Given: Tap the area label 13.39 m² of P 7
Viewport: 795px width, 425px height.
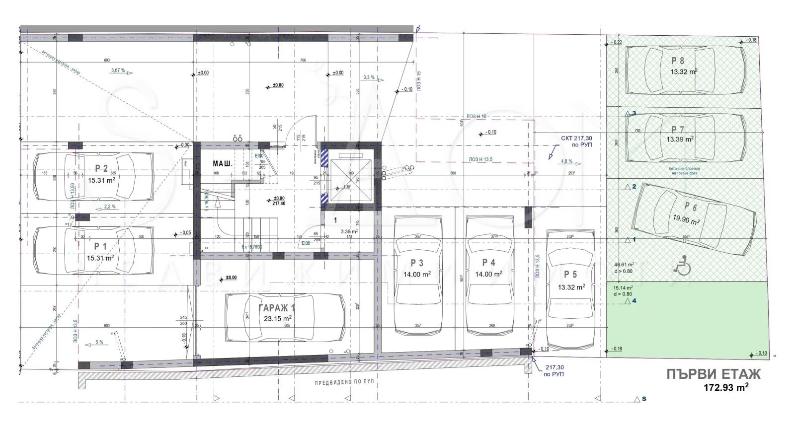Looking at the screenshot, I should pyautogui.click(x=680, y=140).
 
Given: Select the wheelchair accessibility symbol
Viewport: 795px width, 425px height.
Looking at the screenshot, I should pyautogui.click(x=682, y=265).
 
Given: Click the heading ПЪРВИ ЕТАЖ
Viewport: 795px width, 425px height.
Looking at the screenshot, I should pyautogui.click(x=713, y=374).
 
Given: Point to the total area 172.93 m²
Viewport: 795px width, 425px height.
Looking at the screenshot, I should pyautogui.click(x=726, y=387).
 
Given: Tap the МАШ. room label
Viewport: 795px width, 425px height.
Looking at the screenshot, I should pyautogui.click(x=222, y=163).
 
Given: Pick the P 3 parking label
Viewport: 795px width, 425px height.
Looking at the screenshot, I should pyautogui.click(x=417, y=263).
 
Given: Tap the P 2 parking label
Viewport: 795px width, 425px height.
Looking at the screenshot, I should pyautogui.click(x=101, y=169).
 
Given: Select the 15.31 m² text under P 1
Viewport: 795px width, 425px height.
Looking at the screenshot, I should pyautogui.click(x=100, y=258).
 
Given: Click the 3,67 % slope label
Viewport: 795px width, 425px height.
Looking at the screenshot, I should pyautogui.click(x=118, y=71).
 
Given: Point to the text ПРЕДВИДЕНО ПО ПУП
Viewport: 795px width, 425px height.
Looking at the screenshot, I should pyautogui.click(x=344, y=383).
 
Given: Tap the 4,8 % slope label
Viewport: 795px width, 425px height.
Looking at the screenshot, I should pyautogui.click(x=566, y=161).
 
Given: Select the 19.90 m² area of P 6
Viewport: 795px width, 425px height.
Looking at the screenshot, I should pyautogui.click(x=686, y=219).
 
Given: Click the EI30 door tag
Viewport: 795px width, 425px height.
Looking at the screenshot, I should pyautogui.click(x=305, y=243).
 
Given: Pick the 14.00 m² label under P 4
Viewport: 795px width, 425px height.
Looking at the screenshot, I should pyautogui.click(x=488, y=274).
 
